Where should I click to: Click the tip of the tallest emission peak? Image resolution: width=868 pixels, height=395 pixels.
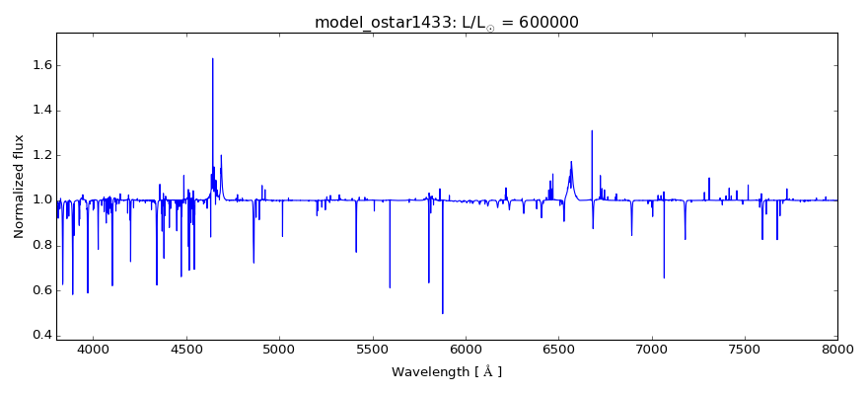click(212, 58)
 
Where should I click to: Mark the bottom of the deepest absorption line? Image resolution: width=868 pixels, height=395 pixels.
click(442, 313)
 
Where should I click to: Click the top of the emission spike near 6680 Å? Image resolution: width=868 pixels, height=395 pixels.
click(592, 130)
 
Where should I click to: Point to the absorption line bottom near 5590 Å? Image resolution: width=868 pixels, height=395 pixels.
click(390, 287)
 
